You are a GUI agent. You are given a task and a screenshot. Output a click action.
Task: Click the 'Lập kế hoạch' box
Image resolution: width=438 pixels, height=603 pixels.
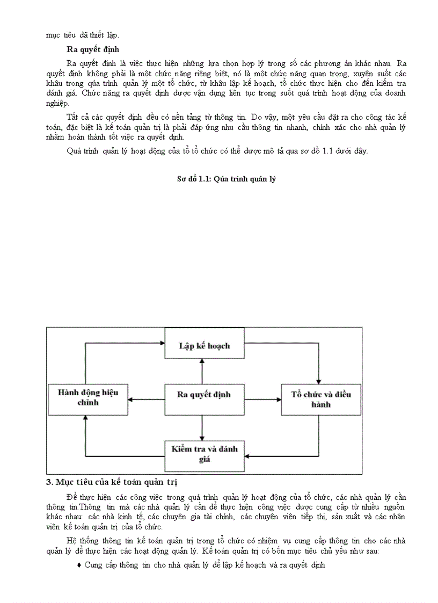coord(204,345)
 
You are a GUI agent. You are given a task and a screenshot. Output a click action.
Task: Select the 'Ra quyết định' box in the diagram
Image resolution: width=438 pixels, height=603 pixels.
coord(204,394)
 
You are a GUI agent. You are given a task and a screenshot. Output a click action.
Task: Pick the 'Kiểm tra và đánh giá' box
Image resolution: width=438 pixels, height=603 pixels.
coord(204,453)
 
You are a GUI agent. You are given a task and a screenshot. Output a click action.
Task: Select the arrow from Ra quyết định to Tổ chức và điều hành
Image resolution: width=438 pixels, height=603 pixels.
coord(262,399)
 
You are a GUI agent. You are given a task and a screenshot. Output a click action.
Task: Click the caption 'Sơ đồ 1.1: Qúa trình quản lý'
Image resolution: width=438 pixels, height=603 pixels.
coord(226,179)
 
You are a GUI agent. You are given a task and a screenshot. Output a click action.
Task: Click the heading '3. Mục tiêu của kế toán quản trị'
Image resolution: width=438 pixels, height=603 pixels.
coord(112,481)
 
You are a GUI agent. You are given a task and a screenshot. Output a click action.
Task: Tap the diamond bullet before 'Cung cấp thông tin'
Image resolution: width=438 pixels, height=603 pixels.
coord(79,565)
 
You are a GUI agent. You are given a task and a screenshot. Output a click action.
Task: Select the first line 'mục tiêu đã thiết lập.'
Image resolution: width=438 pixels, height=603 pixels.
coord(83,35)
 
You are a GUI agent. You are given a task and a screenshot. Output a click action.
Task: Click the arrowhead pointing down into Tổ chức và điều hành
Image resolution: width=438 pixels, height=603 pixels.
coord(319,380)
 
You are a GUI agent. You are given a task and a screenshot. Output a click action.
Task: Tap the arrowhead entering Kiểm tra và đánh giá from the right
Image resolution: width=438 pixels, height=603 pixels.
coord(247,456)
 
